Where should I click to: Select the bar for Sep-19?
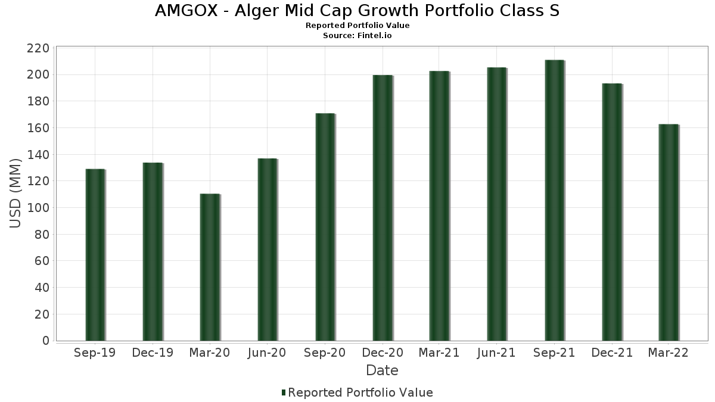tap(95, 255)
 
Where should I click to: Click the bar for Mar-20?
tap(210, 267)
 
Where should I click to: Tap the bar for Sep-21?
tap(554, 200)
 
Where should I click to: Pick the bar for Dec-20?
tap(383, 208)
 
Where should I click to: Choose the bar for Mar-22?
tap(669, 232)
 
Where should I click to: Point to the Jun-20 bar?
tap(268, 250)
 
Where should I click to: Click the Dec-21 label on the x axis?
tap(612, 353)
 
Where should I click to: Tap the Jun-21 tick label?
tap(497, 353)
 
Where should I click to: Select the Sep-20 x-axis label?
tap(325, 353)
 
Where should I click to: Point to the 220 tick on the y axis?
tap(38, 48)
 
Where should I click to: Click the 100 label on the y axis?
tap(38, 208)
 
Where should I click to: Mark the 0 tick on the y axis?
tap(45, 341)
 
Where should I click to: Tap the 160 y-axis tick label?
tap(38, 128)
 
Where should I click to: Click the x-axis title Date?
tap(382, 370)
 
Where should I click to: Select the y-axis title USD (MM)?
tap(16, 194)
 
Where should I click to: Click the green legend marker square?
tap(284, 392)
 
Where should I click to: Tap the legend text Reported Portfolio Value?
tap(360, 392)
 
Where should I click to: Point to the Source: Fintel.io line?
tap(357, 36)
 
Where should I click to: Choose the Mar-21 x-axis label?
tap(439, 353)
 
